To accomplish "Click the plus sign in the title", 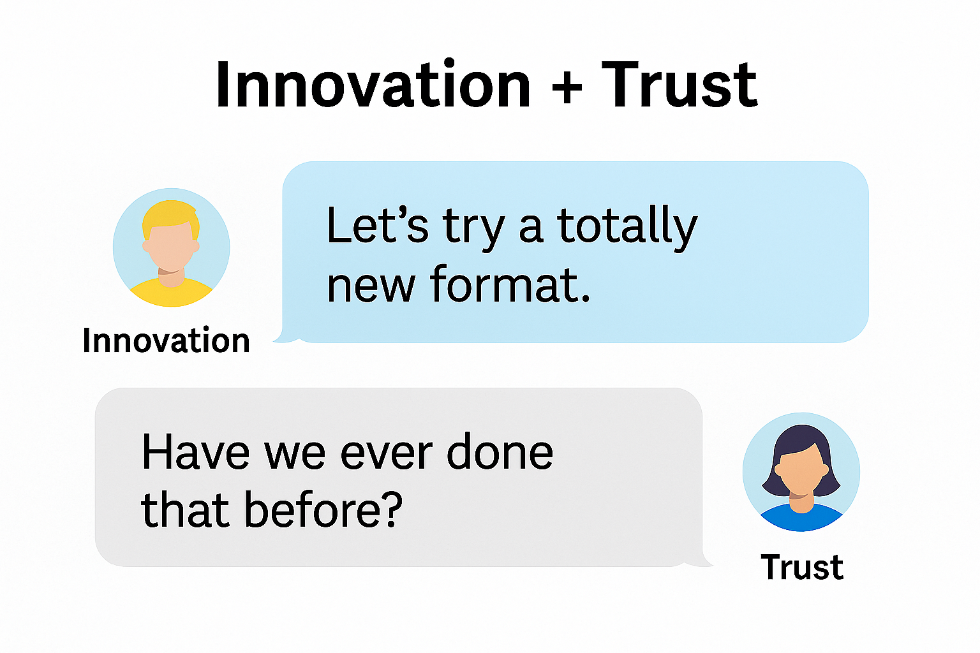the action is coord(567,87).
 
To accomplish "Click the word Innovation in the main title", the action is coord(373,84).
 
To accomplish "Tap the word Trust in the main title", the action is coord(679,84).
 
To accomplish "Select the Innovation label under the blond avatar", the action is coord(167,340).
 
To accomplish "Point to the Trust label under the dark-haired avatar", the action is coord(802,567).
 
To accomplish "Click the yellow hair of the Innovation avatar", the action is coord(170,215).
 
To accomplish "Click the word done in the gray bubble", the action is coord(500,452).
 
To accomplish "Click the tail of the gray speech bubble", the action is coord(703,561).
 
